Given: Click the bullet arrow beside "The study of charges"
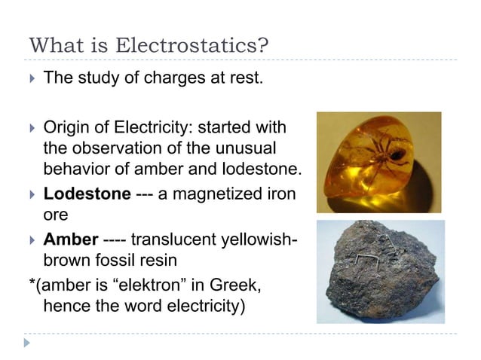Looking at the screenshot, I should pos(30,78).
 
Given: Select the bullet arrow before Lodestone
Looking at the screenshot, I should pos(30,194).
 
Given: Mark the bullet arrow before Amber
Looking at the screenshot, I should pos(30,240).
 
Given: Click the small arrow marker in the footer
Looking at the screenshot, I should pos(28,343).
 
